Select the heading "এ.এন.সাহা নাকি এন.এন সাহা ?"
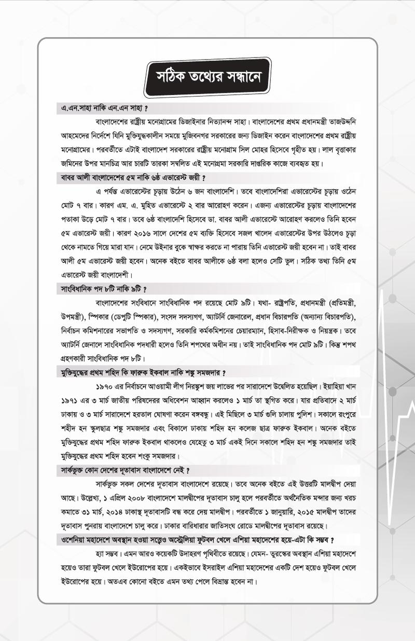pyautogui.click(x=103, y=109)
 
